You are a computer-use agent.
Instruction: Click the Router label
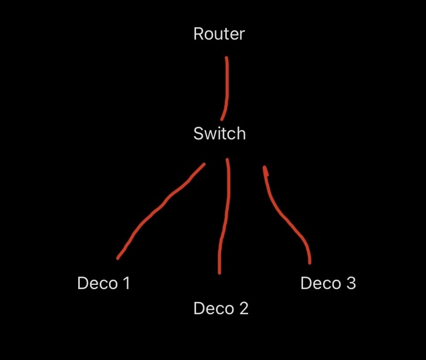coord(219,34)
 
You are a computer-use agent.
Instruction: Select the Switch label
coord(219,133)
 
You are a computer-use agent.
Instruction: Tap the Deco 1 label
coord(103,283)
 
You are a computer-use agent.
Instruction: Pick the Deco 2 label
coord(220,308)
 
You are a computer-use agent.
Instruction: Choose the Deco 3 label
coord(327,283)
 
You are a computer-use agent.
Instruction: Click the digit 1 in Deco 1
coord(126,283)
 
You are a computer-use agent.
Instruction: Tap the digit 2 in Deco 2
coord(243,308)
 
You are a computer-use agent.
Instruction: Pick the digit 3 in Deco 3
coord(350,283)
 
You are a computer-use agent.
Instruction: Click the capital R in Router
coord(199,34)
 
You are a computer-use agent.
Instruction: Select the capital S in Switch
coord(199,133)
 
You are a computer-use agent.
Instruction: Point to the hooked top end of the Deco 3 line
coord(265,169)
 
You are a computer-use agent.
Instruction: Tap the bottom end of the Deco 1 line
coord(118,258)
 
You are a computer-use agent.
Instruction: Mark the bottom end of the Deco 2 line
coord(219,272)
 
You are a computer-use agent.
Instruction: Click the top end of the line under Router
coord(227,58)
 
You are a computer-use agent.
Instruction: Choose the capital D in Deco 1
coord(83,283)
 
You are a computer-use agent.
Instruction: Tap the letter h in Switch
coord(241,133)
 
